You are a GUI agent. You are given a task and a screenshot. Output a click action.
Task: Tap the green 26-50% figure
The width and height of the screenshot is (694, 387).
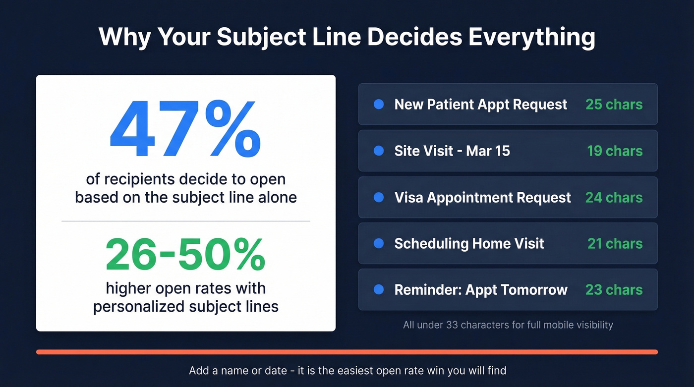click(x=185, y=255)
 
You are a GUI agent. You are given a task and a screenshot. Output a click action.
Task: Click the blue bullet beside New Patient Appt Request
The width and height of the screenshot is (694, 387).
click(x=379, y=104)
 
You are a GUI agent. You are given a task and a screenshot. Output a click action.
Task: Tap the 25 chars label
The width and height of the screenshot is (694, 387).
click(x=614, y=104)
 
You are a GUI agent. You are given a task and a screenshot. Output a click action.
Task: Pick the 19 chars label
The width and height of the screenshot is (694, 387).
click(x=615, y=151)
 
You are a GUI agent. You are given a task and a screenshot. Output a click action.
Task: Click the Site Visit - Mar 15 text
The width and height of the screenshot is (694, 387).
click(x=452, y=151)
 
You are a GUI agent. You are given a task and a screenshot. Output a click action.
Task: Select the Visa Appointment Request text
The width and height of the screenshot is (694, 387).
click(x=482, y=197)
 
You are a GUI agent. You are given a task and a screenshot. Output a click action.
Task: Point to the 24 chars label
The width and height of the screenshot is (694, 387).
click(x=614, y=197)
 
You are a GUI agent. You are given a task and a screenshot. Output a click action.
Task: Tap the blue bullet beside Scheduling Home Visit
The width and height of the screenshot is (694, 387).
click(x=379, y=243)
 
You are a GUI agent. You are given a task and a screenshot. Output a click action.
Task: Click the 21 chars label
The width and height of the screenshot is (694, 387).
click(x=615, y=243)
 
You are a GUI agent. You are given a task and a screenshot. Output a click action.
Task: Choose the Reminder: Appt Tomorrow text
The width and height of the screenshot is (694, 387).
click(x=480, y=290)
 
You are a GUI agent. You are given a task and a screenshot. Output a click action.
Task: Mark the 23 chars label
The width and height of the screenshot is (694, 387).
click(x=614, y=290)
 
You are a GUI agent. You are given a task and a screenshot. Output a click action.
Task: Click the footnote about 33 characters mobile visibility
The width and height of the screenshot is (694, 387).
click(x=508, y=325)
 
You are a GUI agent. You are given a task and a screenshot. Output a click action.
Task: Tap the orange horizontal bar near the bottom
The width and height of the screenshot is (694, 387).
click(x=347, y=352)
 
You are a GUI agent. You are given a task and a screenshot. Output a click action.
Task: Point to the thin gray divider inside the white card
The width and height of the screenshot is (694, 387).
click(x=185, y=221)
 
